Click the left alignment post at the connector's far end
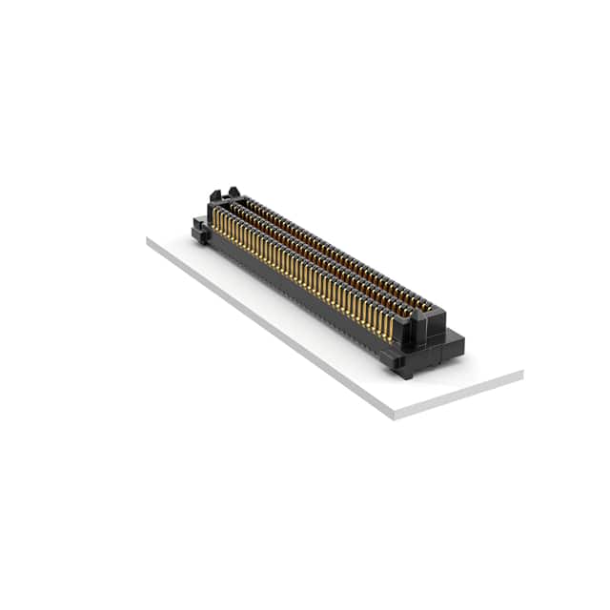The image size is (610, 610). tap(213, 194)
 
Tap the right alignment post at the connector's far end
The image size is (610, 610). tap(232, 192)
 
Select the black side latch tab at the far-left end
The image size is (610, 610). tap(199, 229)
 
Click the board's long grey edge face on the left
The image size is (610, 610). tap(267, 328)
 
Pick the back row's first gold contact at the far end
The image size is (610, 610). tap(246, 202)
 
